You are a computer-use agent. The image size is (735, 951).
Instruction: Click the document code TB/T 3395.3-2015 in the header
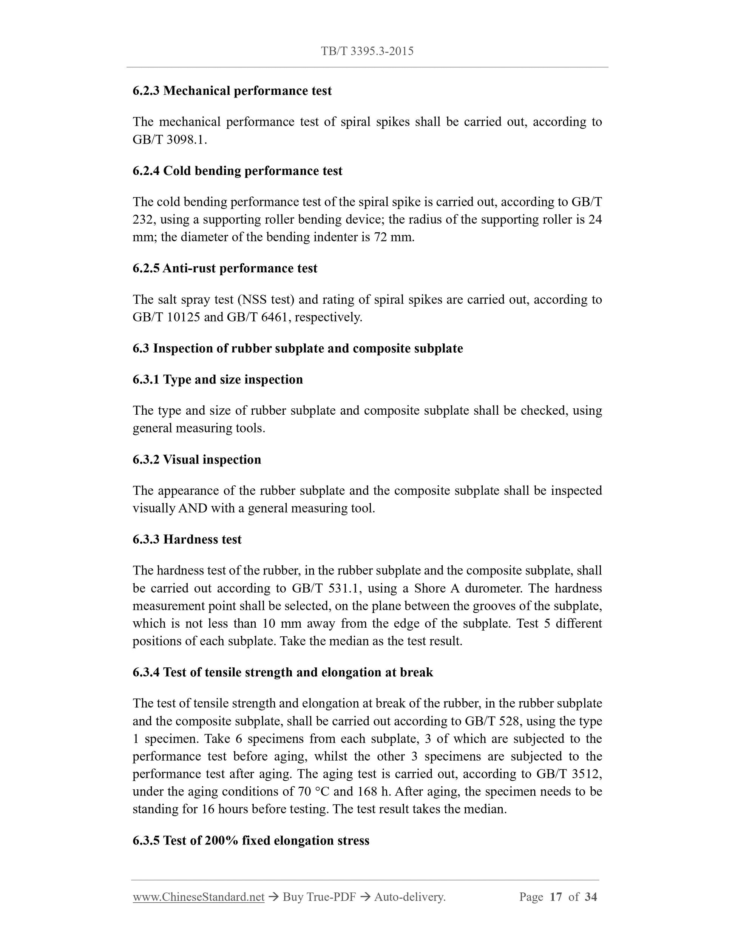tap(367, 51)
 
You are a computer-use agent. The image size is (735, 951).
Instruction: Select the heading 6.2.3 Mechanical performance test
tap(232, 91)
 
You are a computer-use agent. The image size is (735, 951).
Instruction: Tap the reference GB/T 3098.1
tap(169, 140)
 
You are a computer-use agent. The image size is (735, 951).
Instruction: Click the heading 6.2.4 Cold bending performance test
tap(237, 171)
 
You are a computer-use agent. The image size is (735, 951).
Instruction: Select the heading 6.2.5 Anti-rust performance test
tap(225, 268)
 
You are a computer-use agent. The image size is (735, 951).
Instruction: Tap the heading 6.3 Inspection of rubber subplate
tap(297, 348)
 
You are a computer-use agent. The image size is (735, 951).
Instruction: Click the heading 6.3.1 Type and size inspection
tap(218, 380)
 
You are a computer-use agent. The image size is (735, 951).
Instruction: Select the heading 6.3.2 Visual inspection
tap(197, 460)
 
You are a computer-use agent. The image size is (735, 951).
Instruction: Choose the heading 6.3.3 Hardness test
tap(187, 539)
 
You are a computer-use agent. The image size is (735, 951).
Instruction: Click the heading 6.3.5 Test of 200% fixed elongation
tap(251, 841)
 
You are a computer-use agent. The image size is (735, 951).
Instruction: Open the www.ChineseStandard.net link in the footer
tap(199, 897)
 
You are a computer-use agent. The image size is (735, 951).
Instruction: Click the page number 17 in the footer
tap(556, 897)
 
